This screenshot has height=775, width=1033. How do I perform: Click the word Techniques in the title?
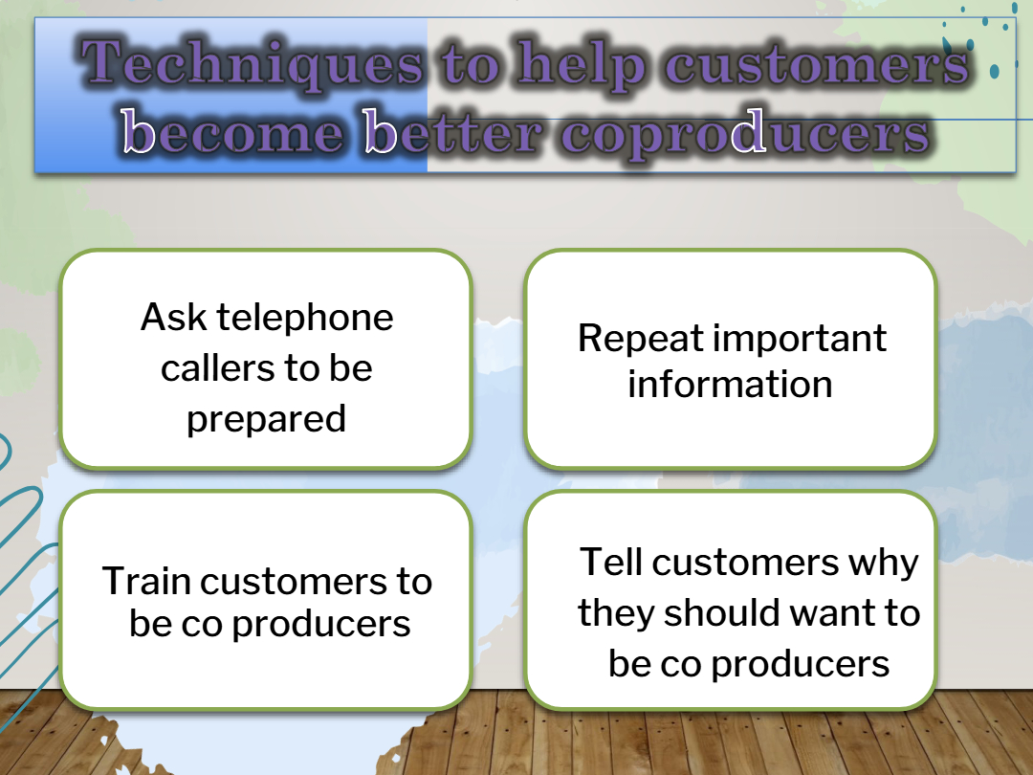click(x=253, y=63)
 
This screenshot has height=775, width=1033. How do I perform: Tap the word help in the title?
click(x=580, y=65)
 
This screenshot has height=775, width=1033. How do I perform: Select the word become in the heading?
click(x=232, y=131)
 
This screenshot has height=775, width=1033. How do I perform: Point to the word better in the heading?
click(x=453, y=131)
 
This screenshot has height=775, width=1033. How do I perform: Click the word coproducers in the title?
click(x=746, y=134)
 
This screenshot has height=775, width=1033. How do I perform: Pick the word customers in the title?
click(x=817, y=65)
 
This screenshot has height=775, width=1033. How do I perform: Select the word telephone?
click(x=305, y=319)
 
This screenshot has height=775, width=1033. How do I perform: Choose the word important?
click(x=801, y=339)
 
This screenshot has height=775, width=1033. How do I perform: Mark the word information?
click(x=730, y=385)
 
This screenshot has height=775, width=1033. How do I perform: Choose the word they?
click(x=616, y=613)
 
